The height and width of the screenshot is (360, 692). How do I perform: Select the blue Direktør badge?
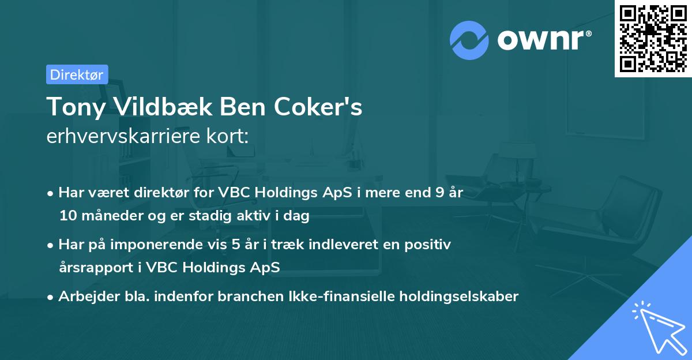point(77,74)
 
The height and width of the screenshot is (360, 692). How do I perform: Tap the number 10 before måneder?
point(67,216)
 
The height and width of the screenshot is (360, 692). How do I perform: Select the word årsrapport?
point(92,268)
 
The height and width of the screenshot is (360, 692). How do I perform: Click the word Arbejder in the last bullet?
point(83,297)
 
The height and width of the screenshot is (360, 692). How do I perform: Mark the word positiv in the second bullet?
point(430,244)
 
